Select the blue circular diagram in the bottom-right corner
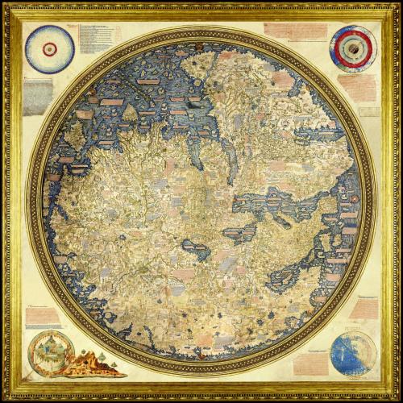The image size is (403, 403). pos(352,353)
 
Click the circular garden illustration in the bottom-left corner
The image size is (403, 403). pos(48,353)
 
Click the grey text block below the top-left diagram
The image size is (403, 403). pos(37,96)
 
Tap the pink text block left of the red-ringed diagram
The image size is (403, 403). pos(294,31)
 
